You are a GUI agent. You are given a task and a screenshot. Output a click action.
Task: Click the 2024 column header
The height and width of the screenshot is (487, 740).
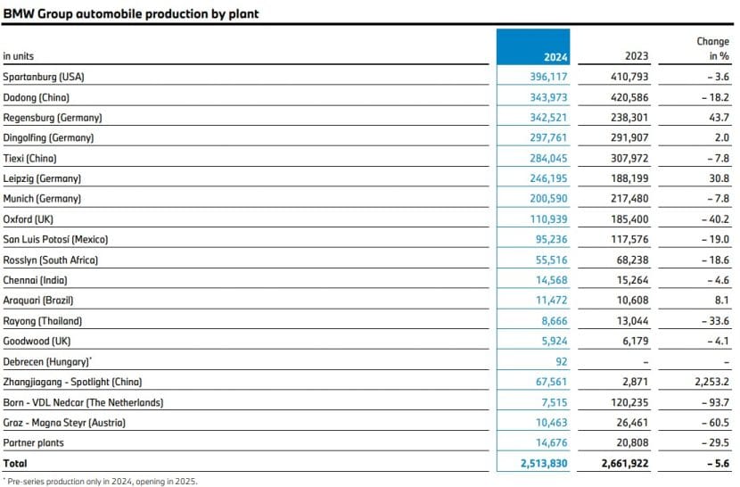point(555,56)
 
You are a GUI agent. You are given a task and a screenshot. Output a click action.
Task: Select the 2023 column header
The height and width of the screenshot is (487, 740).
point(637,56)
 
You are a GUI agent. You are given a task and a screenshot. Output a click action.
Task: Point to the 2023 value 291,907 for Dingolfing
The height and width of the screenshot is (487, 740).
point(628,138)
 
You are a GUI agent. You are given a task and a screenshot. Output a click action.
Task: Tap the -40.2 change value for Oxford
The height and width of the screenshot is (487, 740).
point(713,219)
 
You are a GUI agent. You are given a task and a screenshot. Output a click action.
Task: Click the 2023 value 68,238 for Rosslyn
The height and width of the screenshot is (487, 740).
point(630,260)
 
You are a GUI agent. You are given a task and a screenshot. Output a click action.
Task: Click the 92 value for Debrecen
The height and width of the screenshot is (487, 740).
point(561,362)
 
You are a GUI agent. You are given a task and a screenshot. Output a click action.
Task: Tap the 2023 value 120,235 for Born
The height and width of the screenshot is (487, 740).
point(628,402)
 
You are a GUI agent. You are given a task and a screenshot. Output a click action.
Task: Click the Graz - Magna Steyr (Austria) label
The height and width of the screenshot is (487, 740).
point(64,423)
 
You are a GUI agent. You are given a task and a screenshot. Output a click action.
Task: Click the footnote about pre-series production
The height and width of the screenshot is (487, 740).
point(100,481)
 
